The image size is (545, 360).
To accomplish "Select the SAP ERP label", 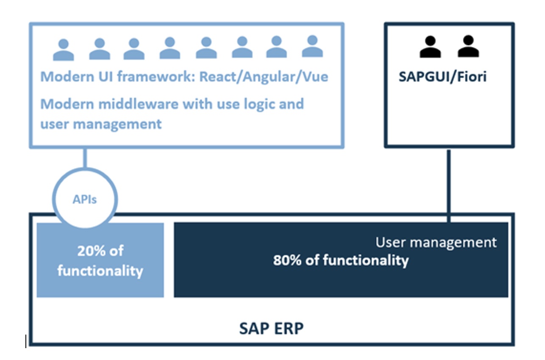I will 271,328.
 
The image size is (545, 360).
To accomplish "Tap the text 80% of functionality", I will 340,260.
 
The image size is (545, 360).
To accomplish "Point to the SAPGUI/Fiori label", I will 442,77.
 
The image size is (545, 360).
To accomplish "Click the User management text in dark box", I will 436,242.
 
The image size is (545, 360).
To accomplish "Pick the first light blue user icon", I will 63,50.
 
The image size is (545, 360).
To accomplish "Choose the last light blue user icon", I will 312,47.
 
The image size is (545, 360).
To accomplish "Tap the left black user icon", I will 430,47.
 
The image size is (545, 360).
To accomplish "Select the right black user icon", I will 468,47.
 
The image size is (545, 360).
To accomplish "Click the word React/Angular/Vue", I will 264,77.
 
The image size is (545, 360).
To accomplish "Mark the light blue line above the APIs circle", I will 85,158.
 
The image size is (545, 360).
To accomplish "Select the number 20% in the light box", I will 91,251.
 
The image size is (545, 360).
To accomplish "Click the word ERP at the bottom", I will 288,328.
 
